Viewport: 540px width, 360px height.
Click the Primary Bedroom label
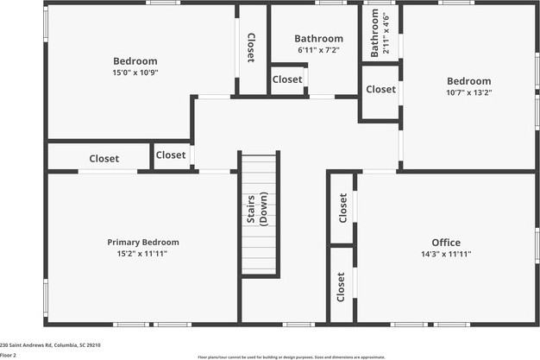(143, 243)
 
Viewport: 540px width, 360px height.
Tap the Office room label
(446, 243)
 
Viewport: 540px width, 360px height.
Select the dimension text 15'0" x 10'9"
(135, 73)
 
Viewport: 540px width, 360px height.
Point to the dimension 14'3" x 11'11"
(446, 254)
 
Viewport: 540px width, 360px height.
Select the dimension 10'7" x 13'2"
(468, 92)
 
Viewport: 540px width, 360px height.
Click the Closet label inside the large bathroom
(287, 79)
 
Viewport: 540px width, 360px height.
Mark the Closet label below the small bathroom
(380, 89)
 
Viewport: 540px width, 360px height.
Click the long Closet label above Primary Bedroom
(104, 159)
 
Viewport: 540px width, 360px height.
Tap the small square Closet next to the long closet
(171, 155)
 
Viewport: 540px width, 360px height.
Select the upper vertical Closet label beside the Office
(342, 208)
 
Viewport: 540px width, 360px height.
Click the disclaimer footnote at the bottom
(291, 356)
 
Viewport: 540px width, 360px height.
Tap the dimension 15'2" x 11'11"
(143, 254)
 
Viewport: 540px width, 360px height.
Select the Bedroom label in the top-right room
(468, 81)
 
